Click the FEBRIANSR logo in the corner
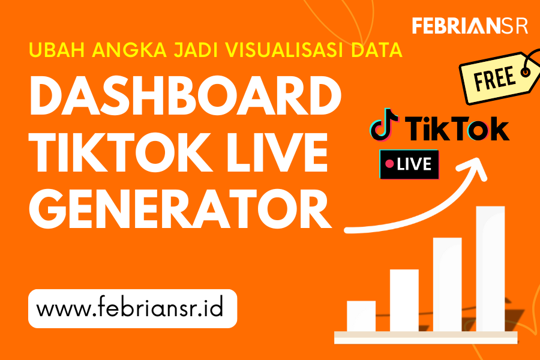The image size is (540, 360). [x=470, y=26]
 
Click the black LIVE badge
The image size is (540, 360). [x=409, y=163]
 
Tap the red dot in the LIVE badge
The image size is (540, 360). [x=390, y=163]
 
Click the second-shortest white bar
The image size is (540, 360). [x=404, y=300]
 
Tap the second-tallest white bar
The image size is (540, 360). [x=447, y=284]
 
